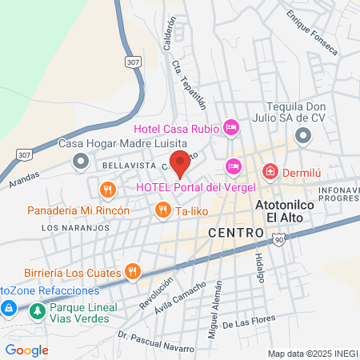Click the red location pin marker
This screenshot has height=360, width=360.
click(180, 162)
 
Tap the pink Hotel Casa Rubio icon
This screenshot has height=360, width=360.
click(231, 126)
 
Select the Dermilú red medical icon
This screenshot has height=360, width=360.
click(270, 171)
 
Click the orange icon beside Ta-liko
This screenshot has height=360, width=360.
click(162, 210)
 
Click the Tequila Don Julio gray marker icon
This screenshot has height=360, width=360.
click(302, 137)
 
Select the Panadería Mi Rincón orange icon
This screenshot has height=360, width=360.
click(107, 190)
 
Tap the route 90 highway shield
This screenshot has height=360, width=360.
click(278, 240)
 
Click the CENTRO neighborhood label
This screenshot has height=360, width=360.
click(236, 232)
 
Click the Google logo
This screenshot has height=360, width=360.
click(27, 350)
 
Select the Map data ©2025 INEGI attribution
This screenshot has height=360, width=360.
click(312, 354)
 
